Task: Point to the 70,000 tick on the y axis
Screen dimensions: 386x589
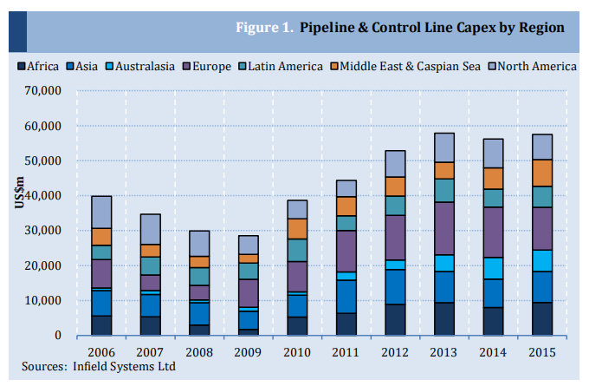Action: (x=42, y=90)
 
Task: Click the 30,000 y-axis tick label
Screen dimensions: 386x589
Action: (x=42, y=231)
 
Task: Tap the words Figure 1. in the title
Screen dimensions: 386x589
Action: (x=263, y=28)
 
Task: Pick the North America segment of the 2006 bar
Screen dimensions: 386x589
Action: (x=102, y=212)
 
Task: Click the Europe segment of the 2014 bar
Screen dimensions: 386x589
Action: (x=494, y=232)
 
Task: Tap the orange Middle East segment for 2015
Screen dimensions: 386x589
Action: (x=542, y=173)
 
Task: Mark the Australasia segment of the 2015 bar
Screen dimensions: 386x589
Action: (x=542, y=260)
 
